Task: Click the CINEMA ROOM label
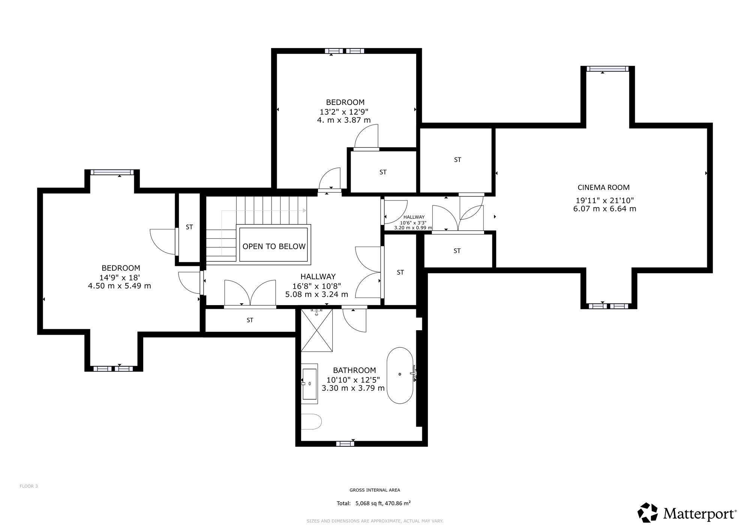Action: tap(603, 187)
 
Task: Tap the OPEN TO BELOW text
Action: tap(274, 246)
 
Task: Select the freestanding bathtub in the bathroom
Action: tap(400, 376)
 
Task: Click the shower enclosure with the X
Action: tap(317, 330)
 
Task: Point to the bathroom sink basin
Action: tap(309, 384)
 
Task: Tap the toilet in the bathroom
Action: tap(311, 422)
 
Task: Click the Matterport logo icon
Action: tap(648, 513)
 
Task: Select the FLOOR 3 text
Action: tap(28, 486)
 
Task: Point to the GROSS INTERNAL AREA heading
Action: tap(375, 490)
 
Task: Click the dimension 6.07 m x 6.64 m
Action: tap(604, 209)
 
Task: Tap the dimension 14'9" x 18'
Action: tap(120, 278)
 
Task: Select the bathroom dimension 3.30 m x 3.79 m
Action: tap(353, 388)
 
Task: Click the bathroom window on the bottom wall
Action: tap(345, 444)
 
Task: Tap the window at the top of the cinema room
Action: tap(607, 69)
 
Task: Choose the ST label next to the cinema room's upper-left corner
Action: tap(457, 160)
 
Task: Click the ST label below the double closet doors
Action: tap(250, 320)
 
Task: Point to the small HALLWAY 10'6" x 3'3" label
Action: tap(413, 222)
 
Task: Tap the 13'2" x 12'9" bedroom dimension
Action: tap(344, 112)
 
